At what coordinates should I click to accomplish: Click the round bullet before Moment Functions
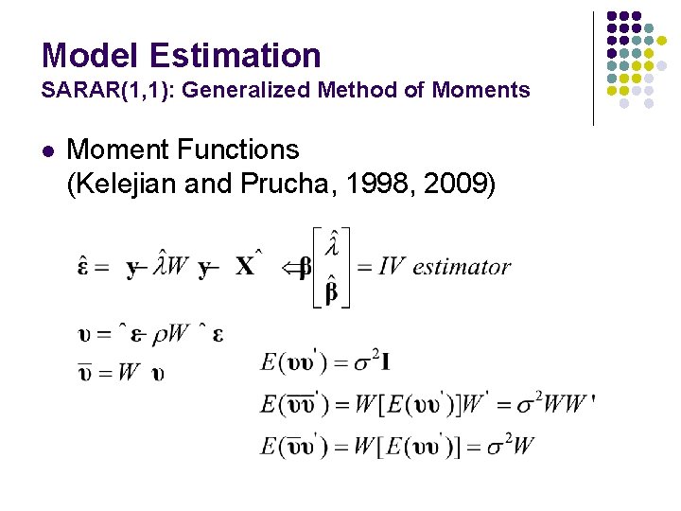click(x=48, y=150)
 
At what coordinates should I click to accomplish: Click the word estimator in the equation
click(x=462, y=267)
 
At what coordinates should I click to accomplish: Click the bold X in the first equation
click(x=245, y=268)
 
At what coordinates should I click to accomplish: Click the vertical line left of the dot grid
click(x=593, y=68)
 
